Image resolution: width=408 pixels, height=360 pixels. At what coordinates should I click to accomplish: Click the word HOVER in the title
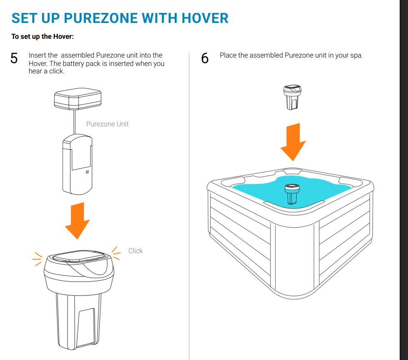(x=205, y=18)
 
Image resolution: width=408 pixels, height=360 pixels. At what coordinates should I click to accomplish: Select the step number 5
(x=14, y=58)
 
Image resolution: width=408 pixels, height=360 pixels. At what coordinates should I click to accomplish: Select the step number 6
(x=205, y=58)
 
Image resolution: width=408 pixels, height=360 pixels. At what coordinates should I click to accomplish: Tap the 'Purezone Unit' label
(x=107, y=124)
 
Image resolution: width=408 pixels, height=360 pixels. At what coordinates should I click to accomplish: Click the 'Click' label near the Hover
(x=136, y=251)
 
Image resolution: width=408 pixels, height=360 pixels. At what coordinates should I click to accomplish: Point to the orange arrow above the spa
(x=293, y=142)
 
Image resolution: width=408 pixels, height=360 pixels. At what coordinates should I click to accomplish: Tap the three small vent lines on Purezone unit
(x=87, y=171)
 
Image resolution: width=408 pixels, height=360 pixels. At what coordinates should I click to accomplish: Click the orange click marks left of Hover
(x=38, y=259)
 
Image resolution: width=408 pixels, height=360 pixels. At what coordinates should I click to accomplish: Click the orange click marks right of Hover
(x=116, y=253)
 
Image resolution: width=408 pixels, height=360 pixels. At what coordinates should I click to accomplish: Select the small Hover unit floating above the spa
(x=292, y=96)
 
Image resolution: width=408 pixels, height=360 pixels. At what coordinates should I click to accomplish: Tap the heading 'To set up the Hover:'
(x=43, y=37)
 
